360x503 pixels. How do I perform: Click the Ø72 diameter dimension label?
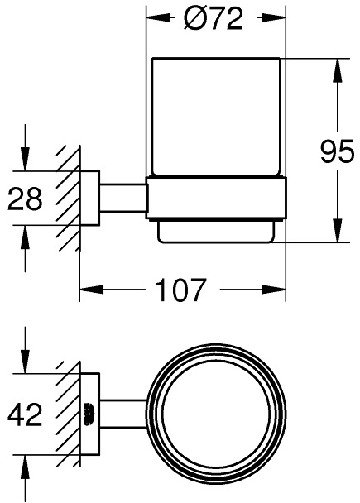(x=215, y=20)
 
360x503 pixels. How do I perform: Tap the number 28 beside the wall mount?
(x=25, y=199)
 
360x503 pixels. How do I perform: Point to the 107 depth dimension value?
(x=181, y=290)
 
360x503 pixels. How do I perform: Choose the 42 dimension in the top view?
(x=25, y=414)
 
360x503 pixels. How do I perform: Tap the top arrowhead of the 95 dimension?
(x=337, y=69)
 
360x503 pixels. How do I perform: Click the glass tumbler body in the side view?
(x=215, y=116)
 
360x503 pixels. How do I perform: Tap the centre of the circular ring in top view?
(x=216, y=413)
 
